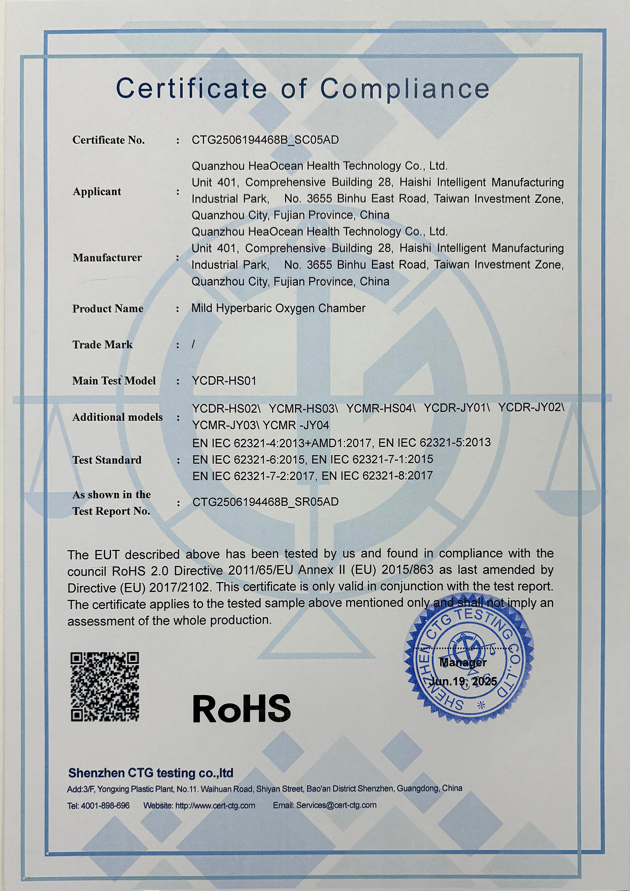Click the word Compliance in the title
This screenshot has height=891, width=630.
[x=404, y=89]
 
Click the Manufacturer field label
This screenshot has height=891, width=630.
[x=107, y=258]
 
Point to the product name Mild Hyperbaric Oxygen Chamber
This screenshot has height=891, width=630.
[x=278, y=309]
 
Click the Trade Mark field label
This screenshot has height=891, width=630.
[x=102, y=345]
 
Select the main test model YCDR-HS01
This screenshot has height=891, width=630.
[x=224, y=381]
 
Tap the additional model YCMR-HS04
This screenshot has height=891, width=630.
[x=380, y=408]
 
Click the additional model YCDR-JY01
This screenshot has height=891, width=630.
[x=456, y=408]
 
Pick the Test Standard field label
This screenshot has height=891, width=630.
[x=107, y=460]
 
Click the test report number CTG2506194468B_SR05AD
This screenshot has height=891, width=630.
[x=265, y=502]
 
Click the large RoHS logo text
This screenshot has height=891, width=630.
[x=241, y=709]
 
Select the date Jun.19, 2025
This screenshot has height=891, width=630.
[x=463, y=681]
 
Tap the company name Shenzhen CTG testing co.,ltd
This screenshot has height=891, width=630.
[x=151, y=773]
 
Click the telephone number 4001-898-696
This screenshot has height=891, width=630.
[x=105, y=806]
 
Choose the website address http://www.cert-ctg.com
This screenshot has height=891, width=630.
[x=215, y=806]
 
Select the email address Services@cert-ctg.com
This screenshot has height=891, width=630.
[x=336, y=805]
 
